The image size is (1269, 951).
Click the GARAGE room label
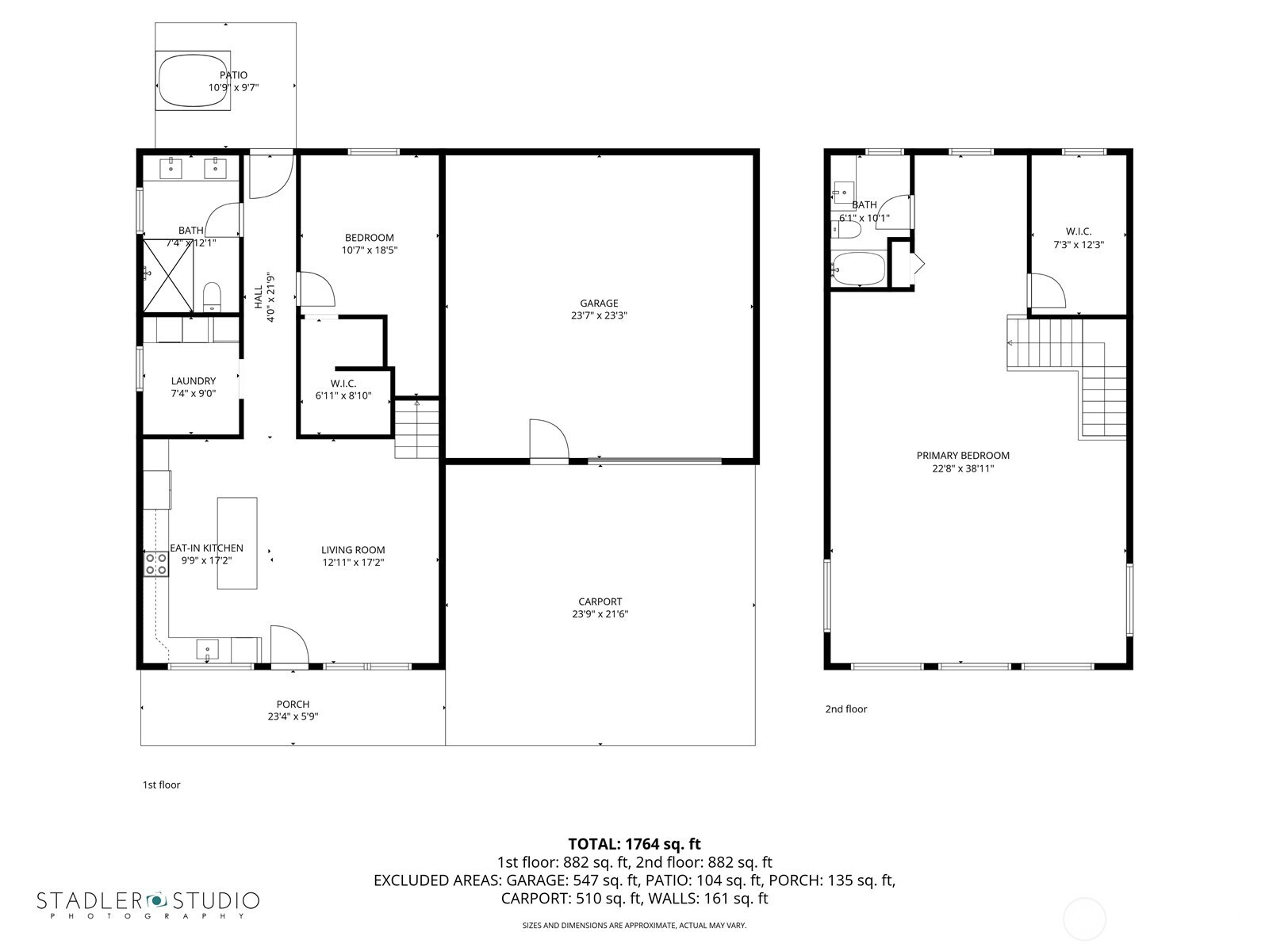[x=599, y=304]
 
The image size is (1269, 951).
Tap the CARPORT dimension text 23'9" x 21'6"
[x=600, y=613]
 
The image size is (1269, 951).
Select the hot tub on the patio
[x=193, y=80]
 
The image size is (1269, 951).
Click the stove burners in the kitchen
[x=156, y=563]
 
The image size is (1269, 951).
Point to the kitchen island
[x=237, y=543]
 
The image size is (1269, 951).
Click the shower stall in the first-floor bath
[x=168, y=276]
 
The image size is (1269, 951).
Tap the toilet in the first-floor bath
[x=213, y=296]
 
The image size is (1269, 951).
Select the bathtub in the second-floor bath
[x=858, y=269]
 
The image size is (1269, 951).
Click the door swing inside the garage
[x=549, y=440]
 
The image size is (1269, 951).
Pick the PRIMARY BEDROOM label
[x=963, y=456]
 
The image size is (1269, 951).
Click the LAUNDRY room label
[x=193, y=381]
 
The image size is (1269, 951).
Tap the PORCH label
[x=293, y=704]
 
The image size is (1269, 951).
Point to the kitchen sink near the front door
[x=208, y=649]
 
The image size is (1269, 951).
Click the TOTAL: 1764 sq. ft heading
[x=634, y=844]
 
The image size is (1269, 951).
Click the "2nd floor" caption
[x=845, y=709]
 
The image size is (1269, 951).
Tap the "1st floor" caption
[x=161, y=785]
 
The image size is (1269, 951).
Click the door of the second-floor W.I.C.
[x=1046, y=290]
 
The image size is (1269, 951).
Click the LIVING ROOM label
[x=353, y=550]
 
